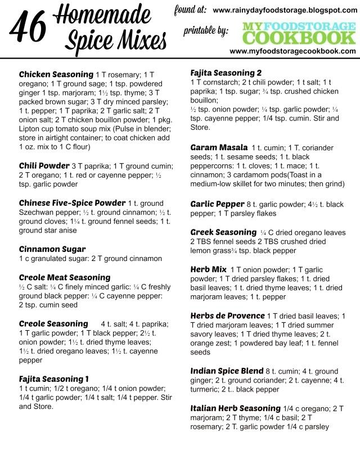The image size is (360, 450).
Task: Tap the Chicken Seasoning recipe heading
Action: point(56,75)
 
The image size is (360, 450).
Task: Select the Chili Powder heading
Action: point(44,166)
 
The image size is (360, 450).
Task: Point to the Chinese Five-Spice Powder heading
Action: point(72,203)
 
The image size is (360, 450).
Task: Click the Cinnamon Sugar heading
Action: point(52,249)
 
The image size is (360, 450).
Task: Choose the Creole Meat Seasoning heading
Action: point(65,277)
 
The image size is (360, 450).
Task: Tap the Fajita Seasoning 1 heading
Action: point(54,379)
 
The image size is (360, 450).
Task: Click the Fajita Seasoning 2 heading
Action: point(226,74)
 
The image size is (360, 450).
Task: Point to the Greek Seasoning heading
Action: point(223,232)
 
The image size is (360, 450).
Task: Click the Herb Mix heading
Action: point(209,269)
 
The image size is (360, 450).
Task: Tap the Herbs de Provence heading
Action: point(227,316)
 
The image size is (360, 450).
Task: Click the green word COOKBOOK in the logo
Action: point(299,38)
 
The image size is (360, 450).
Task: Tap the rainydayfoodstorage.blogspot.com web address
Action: point(285,10)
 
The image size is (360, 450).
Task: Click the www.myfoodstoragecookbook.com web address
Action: point(292,51)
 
